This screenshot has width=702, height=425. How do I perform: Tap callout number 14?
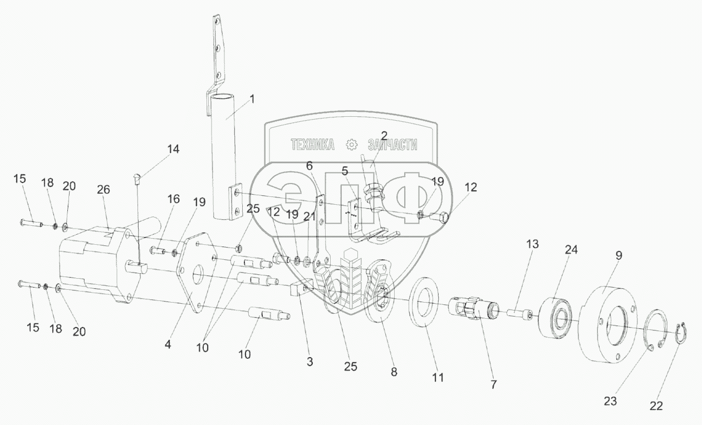[x=173, y=149]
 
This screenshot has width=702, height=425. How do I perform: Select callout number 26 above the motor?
[x=104, y=190]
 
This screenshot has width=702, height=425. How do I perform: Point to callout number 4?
[x=168, y=344]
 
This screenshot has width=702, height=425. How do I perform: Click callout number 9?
[x=618, y=255]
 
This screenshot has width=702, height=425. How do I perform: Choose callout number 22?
[x=656, y=406]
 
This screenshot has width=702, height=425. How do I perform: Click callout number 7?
[x=493, y=384]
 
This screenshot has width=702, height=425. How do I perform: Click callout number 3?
[x=310, y=361]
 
